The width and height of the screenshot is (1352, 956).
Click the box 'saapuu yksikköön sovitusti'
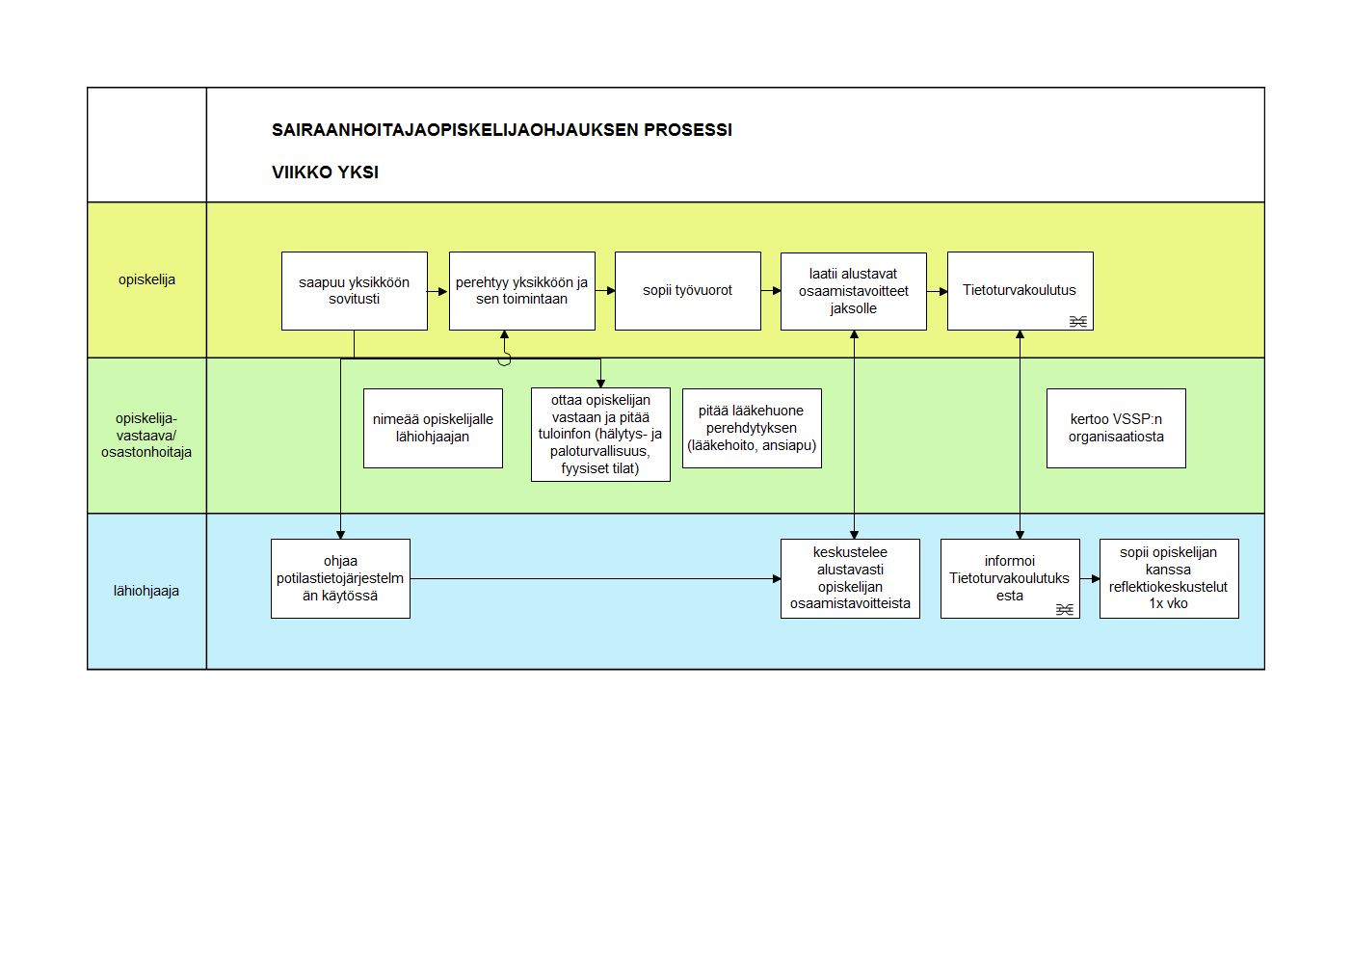coord(355,291)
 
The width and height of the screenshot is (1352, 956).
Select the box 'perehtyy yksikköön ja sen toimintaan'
coord(522,291)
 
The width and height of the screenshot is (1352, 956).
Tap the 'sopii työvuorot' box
coord(687,291)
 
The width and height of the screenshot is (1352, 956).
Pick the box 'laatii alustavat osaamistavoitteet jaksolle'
coord(854,291)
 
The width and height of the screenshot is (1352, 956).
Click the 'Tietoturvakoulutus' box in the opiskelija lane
coord(1021,291)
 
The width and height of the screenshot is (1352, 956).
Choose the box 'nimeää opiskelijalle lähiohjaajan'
coord(433,428)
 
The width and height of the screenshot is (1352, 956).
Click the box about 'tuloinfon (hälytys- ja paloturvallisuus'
coord(600,435)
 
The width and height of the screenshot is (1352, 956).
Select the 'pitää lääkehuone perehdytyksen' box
coord(752,428)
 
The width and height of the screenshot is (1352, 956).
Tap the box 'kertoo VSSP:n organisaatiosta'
coord(1116,428)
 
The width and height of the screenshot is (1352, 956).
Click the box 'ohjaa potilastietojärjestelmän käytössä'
coord(340,578)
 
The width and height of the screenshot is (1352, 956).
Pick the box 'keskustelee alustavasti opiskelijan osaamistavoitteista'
coord(850,578)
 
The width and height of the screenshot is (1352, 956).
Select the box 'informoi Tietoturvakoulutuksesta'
coord(1010,578)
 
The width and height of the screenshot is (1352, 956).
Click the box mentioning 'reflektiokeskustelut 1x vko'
coord(1169,578)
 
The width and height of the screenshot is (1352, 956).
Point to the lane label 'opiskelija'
coord(146,279)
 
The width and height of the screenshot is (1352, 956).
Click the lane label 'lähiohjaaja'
coord(146,591)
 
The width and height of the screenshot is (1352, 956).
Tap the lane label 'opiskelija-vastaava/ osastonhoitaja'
coord(146,436)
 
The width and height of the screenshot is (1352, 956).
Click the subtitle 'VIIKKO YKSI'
coord(325,173)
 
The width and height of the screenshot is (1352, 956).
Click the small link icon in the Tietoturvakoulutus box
coord(1078,322)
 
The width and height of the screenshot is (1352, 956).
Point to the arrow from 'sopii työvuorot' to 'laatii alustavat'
coord(771,291)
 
